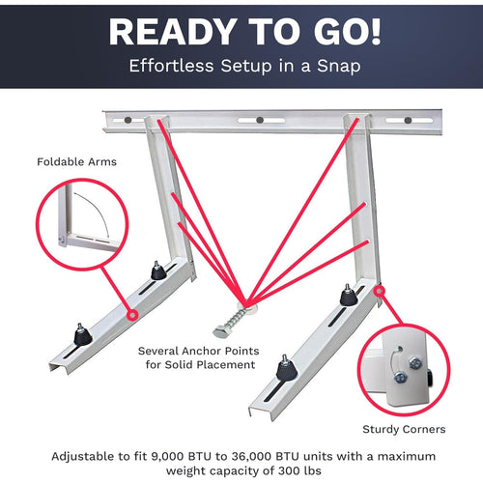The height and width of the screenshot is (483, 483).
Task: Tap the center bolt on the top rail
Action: (260, 121)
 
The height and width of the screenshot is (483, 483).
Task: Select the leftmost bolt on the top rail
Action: (127, 122)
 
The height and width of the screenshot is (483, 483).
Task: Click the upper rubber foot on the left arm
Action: (156, 271)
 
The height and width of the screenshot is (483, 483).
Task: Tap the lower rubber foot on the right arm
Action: (284, 368)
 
